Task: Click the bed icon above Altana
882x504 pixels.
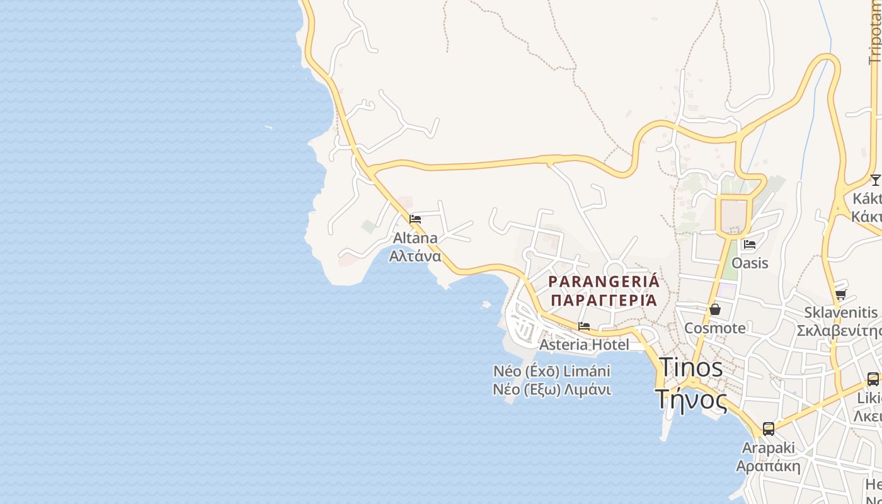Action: pyautogui.click(x=415, y=219)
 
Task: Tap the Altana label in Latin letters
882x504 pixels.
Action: pyautogui.click(x=415, y=238)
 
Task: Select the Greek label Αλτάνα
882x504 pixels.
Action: pyautogui.click(x=415, y=256)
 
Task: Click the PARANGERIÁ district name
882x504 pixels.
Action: pyautogui.click(x=604, y=281)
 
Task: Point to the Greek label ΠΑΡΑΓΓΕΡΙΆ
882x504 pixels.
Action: pyautogui.click(x=604, y=300)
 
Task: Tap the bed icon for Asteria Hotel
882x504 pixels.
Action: pyautogui.click(x=584, y=326)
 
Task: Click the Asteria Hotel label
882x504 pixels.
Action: pyautogui.click(x=584, y=345)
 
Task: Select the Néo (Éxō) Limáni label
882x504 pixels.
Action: pyautogui.click(x=552, y=370)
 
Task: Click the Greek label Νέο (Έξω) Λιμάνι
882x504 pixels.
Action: pyautogui.click(x=552, y=389)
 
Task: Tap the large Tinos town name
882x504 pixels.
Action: pyautogui.click(x=690, y=367)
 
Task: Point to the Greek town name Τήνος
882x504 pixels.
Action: pyautogui.click(x=690, y=398)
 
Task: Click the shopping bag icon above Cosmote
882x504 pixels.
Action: pyautogui.click(x=715, y=309)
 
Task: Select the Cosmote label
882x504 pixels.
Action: pyautogui.click(x=715, y=328)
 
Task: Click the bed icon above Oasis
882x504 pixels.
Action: pyautogui.click(x=750, y=244)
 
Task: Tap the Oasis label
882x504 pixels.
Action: pyautogui.click(x=750, y=263)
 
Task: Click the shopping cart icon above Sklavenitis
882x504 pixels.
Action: pyautogui.click(x=840, y=294)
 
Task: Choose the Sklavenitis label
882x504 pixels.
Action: pyautogui.click(x=840, y=312)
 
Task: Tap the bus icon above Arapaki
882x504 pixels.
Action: pyautogui.click(x=769, y=429)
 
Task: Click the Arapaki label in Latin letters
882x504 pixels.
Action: pyautogui.click(x=769, y=448)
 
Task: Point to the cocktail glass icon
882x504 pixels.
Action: pyautogui.click(x=875, y=180)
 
